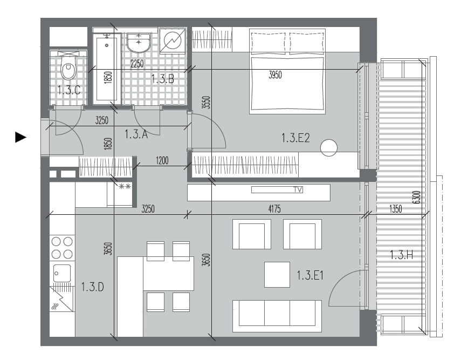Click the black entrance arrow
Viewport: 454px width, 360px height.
(20, 137)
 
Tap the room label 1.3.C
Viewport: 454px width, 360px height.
(68, 90)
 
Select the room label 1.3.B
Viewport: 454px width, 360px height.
(163, 79)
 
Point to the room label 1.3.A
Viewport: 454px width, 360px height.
(136, 134)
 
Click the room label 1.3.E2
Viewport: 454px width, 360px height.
(295, 138)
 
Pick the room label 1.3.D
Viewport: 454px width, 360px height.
(92, 287)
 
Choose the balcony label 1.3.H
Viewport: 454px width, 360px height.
(402, 255)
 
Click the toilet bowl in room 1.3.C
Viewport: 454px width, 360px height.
(68, 67)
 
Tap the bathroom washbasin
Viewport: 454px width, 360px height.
(139, 43)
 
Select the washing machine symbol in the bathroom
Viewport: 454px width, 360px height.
(173, 41)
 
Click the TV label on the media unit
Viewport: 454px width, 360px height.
(298, 189)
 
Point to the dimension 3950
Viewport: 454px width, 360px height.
(275, 75)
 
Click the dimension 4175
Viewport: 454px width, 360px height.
(274, 209)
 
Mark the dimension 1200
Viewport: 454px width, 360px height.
(162, 160)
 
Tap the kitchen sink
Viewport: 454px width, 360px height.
(62, 273)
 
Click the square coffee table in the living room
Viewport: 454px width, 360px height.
(277, 275)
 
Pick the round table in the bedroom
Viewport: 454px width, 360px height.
(329, 148)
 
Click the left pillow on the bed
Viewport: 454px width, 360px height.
(269, 43)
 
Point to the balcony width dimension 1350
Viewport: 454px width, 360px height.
(396, 209)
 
